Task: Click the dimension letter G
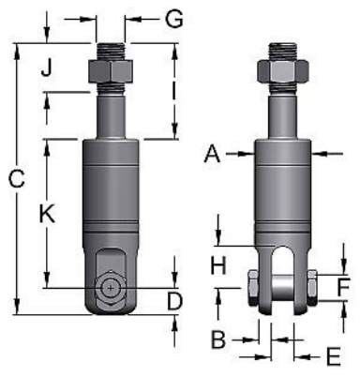pos(172,18)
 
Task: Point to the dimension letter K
pos(47,214)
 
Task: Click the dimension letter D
pos(173,301)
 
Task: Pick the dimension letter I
pos(174,91)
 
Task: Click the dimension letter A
pos(213,155)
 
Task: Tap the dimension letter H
pos(218,265)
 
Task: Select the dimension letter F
pos(344,286)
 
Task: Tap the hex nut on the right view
pos(284,71)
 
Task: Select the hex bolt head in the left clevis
pos(112,287)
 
